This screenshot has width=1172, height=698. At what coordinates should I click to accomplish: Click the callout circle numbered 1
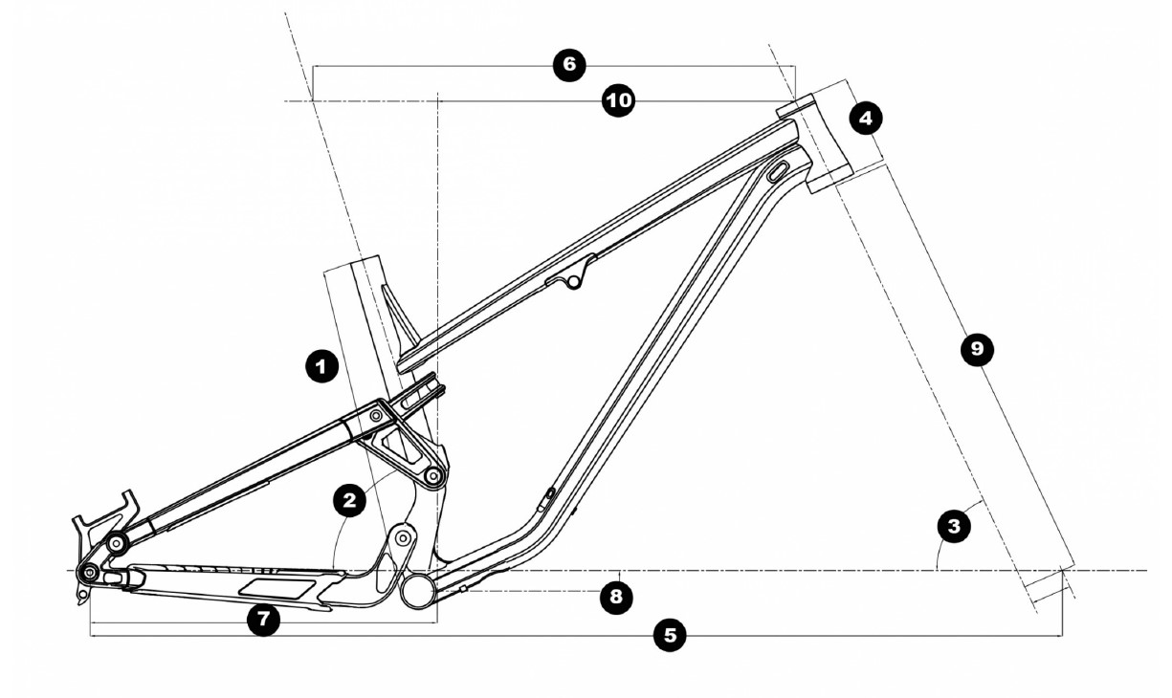click(x=321, y=365)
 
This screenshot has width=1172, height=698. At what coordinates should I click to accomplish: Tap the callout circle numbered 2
click(x=350, y=498)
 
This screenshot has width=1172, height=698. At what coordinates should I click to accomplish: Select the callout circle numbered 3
click(x=954, y=524)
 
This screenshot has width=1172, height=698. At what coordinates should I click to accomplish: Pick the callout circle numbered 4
click(x=866, y=119)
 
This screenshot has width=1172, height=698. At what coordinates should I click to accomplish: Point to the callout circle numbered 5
click(x=670, y=634)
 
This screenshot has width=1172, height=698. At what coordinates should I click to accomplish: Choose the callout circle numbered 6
click(x=569, y=64)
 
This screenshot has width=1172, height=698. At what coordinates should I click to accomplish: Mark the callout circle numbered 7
click(x=263, y=619)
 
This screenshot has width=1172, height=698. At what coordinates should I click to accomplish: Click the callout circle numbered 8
click(x=617, y=597)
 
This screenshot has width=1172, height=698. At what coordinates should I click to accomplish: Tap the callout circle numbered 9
click(x=976, y=348)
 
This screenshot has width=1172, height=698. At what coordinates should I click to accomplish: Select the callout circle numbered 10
click(x=619, y=99)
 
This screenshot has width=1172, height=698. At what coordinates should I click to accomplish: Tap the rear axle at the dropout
click(x=88, y=573)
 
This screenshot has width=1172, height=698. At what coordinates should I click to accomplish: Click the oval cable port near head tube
click(x=777, y=172)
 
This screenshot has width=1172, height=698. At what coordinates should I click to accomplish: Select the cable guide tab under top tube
click(x=573, y=278)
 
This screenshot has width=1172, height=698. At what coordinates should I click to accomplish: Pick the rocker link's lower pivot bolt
click(x=433, y=475)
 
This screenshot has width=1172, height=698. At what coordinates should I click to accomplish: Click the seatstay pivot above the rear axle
click(x=119, y=543)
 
